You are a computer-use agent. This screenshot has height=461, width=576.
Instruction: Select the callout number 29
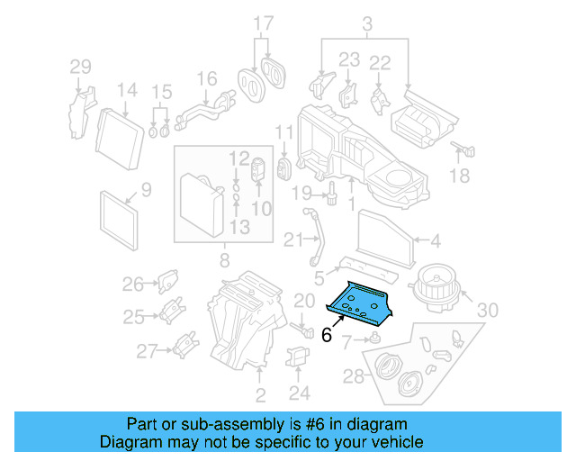click(81, 66)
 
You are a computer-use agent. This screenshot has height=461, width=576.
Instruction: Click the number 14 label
click(126, 90)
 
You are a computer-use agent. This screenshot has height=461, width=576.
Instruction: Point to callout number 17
click(262, 23)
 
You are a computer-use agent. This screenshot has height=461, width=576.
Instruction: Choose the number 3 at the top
click(367, 22)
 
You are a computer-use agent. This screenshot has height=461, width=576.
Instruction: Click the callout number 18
click(459, 176)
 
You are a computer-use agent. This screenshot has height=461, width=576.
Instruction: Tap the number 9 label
click(146, 189)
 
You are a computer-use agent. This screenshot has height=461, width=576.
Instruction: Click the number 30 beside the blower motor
click(486, 311)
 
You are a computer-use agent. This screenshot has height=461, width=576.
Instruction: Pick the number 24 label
click(300, 393)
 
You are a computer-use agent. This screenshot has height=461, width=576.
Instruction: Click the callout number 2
click(260, 395)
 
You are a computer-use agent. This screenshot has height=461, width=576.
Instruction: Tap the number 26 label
click(133, 285)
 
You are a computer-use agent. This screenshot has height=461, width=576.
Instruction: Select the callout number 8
click(224, 262)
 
